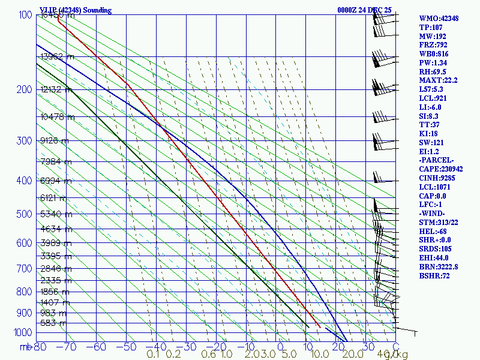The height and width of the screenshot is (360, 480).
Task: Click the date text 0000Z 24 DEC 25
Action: (365, 10)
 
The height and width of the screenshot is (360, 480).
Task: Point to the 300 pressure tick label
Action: (23, 141)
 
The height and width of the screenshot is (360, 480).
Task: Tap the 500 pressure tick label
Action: (23, 214)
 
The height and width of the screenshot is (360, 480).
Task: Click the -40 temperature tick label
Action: (156, 347)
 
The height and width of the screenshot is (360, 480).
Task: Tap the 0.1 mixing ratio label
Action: (153, 355)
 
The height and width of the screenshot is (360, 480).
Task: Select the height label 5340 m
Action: (56, 214)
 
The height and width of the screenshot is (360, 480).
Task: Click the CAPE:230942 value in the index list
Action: (440, 169)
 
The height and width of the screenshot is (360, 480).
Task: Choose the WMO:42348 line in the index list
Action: (439, 19)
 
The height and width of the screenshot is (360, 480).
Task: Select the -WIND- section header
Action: (434, 213)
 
